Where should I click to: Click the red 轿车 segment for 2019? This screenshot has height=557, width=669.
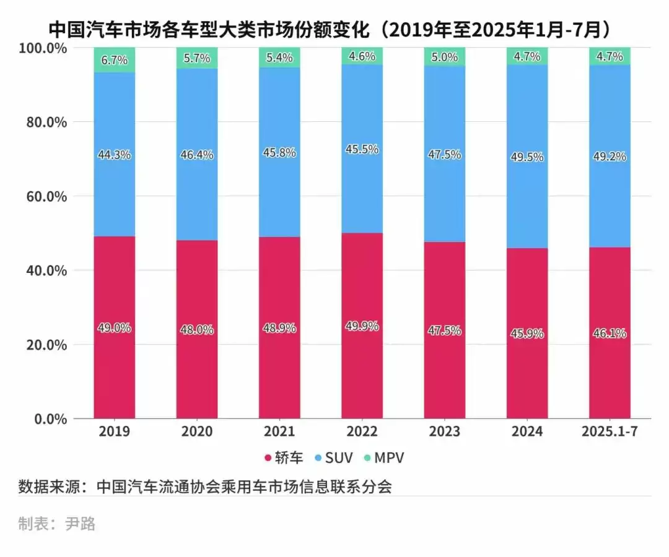pos(115,371)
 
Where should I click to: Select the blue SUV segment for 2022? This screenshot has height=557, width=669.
pos(362,186)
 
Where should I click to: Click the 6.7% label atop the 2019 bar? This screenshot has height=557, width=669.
pos(115,60)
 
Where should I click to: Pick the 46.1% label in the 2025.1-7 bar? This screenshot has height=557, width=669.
pos(610,334)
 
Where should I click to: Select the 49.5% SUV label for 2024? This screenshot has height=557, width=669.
pos(528,157)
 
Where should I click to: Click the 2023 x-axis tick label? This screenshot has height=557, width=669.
pos(445,431)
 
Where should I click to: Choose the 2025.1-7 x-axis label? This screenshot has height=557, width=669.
pos(610,431)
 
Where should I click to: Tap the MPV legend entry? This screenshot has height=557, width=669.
pos(384,458)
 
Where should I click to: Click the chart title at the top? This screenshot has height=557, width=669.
pos(334,29)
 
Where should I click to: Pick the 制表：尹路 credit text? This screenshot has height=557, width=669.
pos(57,524)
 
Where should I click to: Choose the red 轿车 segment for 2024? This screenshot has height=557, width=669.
pos(528,384)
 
